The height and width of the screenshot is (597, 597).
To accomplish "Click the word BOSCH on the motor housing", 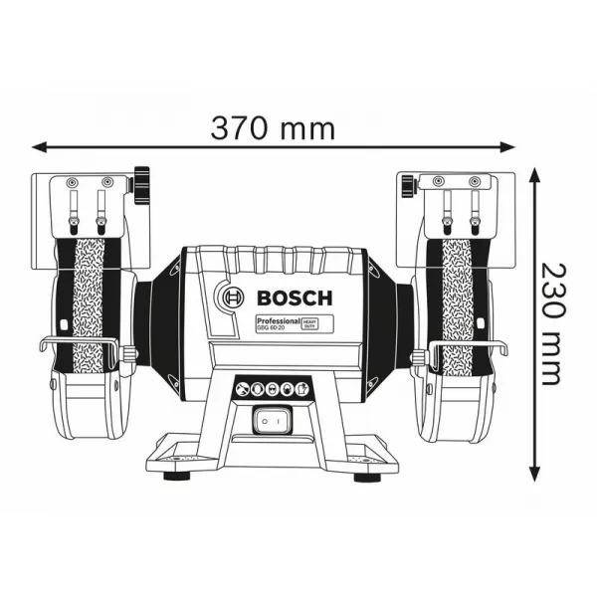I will (298, 297).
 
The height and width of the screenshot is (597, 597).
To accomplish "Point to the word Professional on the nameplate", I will (279, 321).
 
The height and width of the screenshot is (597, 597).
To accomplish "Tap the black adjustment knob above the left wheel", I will (141, 181).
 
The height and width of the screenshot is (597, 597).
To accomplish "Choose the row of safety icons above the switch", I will (269, 389).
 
